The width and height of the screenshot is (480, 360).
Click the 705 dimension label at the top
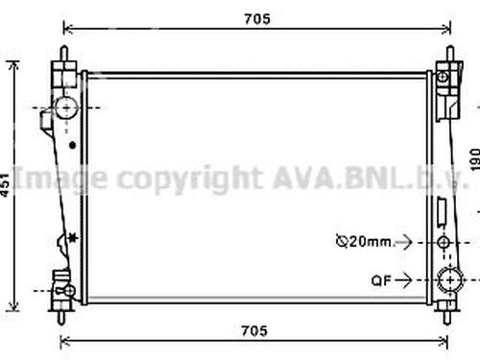coord(257,19)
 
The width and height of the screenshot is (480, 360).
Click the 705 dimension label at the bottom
coord(254,331)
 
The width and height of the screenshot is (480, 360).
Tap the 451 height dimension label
coord(5,185)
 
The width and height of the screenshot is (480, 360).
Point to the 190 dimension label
coord(475,159)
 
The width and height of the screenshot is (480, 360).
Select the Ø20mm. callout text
coord(364,241)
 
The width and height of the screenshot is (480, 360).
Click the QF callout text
coord(381,280)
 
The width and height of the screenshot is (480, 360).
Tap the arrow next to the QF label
coord(404,280)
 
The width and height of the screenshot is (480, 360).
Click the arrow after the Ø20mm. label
coord(404,242)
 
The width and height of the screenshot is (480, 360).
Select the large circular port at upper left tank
coord(66,108)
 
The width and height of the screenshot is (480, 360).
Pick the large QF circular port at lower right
coord(450,280)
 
